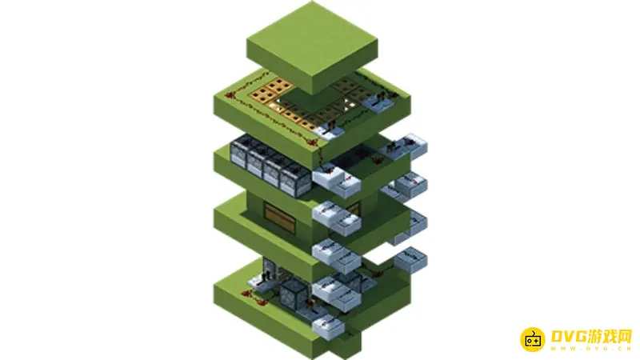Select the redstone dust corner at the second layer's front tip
(313, 142)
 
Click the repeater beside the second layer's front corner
(330, 130)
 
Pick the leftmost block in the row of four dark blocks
(239, 152)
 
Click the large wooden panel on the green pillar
(280, 218)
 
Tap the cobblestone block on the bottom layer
(294, 293)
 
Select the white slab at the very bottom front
(329, 327)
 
